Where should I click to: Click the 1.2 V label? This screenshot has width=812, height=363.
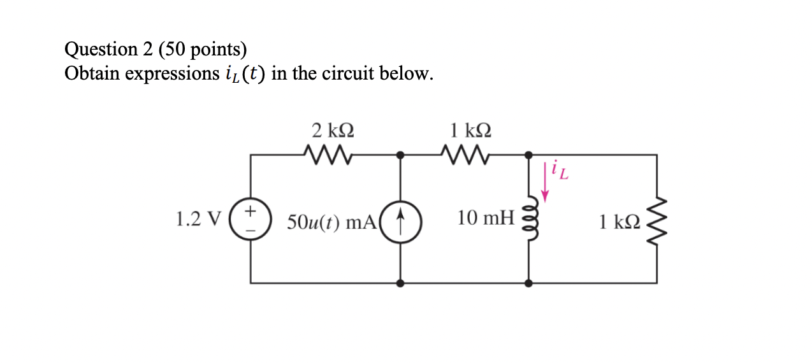click(x=197, y=220)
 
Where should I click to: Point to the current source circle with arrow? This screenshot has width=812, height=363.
click(x=400, y=220)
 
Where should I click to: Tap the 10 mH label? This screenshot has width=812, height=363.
click(x=485, y=219)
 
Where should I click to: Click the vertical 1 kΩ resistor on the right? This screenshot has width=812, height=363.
click(x=656, y=220)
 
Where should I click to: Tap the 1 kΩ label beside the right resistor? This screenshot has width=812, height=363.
click(x=618, y=222)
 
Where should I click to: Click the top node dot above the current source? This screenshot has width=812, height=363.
click(x=400, y=155)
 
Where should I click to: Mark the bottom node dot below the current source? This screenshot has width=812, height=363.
click(x=400, y=283)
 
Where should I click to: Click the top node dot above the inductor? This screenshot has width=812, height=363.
click(x=528, y=155)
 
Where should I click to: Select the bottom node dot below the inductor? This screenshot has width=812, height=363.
click(x=528, y=283)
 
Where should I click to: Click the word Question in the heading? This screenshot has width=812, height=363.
click(x=101, y=50)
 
